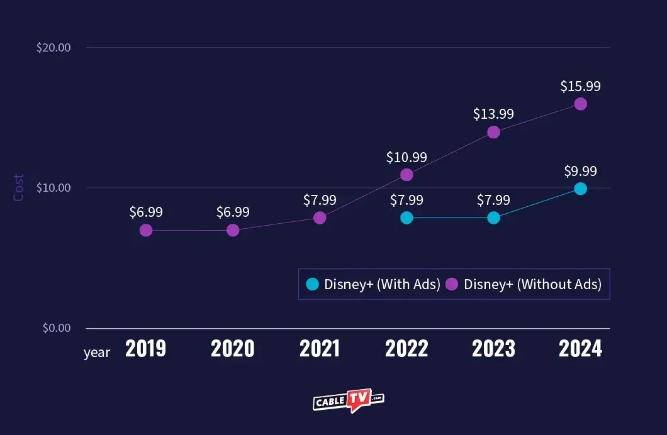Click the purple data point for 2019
point(146,230)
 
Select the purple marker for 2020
point(233,230)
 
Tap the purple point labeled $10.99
point(406,175)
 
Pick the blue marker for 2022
point(406,217)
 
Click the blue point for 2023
point(493,217)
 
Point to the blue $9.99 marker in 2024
point(580,189)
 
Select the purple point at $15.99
point(580,104)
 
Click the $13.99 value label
point(493,114)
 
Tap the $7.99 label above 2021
point(320,200)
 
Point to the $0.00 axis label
point(56,328)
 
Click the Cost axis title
point(19,188)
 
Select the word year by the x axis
point(97,353)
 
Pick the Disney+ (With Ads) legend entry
point(374,284)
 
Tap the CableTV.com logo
point(348,400)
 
